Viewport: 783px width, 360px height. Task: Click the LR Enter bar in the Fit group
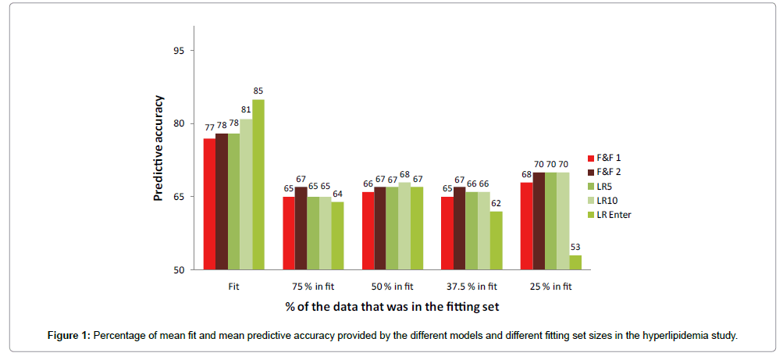[258, 184]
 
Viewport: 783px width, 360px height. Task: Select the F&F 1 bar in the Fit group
[209, 204]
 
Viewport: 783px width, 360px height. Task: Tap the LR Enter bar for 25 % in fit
[575, 262]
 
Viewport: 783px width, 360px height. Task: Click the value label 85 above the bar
[258, 91]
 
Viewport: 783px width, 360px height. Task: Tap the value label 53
[575, 248]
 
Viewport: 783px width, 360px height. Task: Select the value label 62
[496, 203]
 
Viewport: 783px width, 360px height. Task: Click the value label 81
[246, 111]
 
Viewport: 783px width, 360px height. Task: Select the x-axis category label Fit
[233, 287]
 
